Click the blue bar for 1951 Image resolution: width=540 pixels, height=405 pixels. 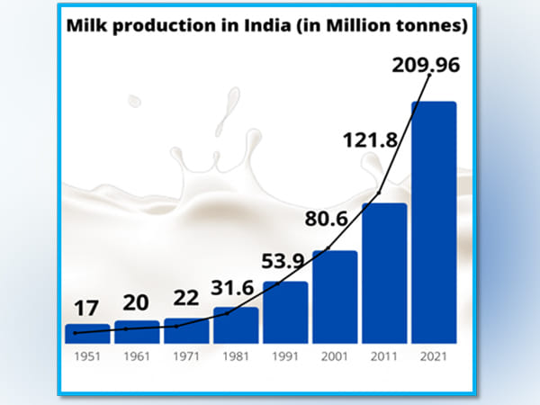click(x=87, y=333)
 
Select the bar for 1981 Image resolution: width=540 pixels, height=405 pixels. click(x=236, y=325)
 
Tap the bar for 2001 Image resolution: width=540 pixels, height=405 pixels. click(x=335, y=296)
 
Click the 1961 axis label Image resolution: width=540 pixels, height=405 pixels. click(x=137, y=355)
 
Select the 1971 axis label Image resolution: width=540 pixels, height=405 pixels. click(x=186, y=355)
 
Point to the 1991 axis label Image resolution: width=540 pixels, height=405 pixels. click(x=285, y=355)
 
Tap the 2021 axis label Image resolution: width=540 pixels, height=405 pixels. click(x=434, y=355)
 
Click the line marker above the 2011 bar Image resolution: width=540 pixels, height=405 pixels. click(x=380, y=192)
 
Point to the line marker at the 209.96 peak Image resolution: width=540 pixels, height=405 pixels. click(x=430, y=76)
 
